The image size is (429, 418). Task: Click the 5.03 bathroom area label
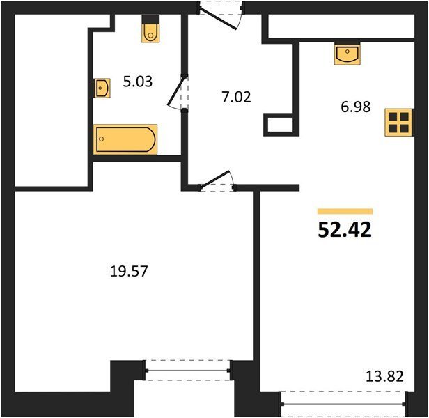137,82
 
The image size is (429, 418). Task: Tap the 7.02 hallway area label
236,97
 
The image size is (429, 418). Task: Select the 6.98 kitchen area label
356,107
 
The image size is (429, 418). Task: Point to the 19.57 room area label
129,271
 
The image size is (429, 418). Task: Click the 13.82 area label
384,376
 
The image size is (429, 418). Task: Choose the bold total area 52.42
345,230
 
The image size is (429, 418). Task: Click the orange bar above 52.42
345,211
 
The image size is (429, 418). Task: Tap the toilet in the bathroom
150,29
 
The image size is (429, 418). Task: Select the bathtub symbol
125,139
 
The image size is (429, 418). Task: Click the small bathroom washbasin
102,88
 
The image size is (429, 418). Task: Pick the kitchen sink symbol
348,54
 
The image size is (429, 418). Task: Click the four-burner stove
398,123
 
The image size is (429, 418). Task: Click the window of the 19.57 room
188,371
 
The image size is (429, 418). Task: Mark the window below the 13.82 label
343,404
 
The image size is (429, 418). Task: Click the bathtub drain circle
102,139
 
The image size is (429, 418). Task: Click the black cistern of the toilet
150,20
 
